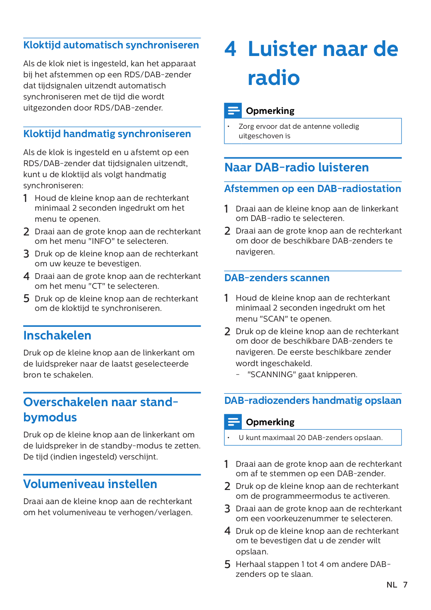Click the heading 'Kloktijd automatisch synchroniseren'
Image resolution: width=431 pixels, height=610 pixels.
tap(111, 45)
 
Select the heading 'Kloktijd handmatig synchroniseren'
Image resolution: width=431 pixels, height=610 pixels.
tap(107, 134)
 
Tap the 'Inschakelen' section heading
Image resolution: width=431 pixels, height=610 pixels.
tap(57, 336)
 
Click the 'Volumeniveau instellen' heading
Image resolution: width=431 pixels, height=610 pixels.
tap(90, 484)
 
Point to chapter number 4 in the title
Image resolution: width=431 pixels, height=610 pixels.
tap(230, 50)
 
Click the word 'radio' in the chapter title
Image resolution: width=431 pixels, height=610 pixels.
tap(274, 78)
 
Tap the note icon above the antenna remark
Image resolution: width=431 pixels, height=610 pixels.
tap(233, 110)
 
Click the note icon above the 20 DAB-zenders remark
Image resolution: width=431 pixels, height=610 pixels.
tap(233, 422)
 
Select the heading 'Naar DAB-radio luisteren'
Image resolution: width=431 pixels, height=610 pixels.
tap(296, 168)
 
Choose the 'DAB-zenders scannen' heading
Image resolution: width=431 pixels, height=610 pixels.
tap(277, 278)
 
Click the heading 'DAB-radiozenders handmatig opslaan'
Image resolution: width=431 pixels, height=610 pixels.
tap(313, 401)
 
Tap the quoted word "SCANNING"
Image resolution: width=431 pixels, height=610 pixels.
tap(271, 375)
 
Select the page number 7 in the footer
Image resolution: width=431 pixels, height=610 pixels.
tap(405, 585)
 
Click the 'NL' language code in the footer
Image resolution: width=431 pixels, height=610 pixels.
tap(391, 585)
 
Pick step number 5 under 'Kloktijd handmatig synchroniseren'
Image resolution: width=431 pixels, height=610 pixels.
tap(26, 299)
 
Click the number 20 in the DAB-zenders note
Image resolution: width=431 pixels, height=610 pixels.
tap(301, 438)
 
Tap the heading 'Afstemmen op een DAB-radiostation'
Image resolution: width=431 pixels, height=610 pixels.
tap(313, 189)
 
